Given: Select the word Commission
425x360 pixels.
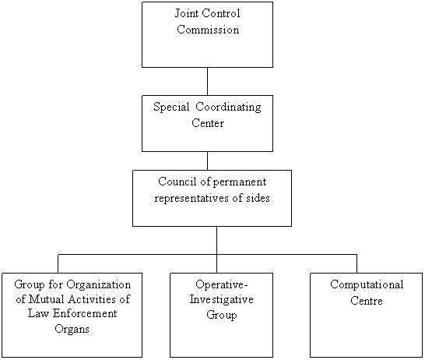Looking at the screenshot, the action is tap(208, 30).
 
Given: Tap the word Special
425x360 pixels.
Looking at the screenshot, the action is tap(171, 108).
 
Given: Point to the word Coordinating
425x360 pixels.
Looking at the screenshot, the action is tap(229, 108).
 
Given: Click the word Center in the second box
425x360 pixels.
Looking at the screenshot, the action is tap(208, 123).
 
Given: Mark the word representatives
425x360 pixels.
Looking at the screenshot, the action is tap(191, 199).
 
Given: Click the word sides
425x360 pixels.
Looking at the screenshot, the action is tap(258, 198).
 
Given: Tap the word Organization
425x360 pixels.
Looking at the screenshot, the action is tap(99, 285).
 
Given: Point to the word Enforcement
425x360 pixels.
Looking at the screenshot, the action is tap(85, 313).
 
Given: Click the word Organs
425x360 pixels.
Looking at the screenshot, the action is tap(72, 329).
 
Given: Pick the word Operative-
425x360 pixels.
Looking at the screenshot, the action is tap(222, 285).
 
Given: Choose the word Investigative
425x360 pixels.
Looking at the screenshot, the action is tap(221, 300).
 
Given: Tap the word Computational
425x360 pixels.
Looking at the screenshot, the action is tap(367, 285).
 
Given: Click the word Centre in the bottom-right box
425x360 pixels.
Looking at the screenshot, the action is tap(367, 301).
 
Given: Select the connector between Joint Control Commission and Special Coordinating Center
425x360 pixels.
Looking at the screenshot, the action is tap(207, 81).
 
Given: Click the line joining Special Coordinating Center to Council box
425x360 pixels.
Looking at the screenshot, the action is tap(207, 161).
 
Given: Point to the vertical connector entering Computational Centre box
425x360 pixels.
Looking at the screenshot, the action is tap(357, 263).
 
